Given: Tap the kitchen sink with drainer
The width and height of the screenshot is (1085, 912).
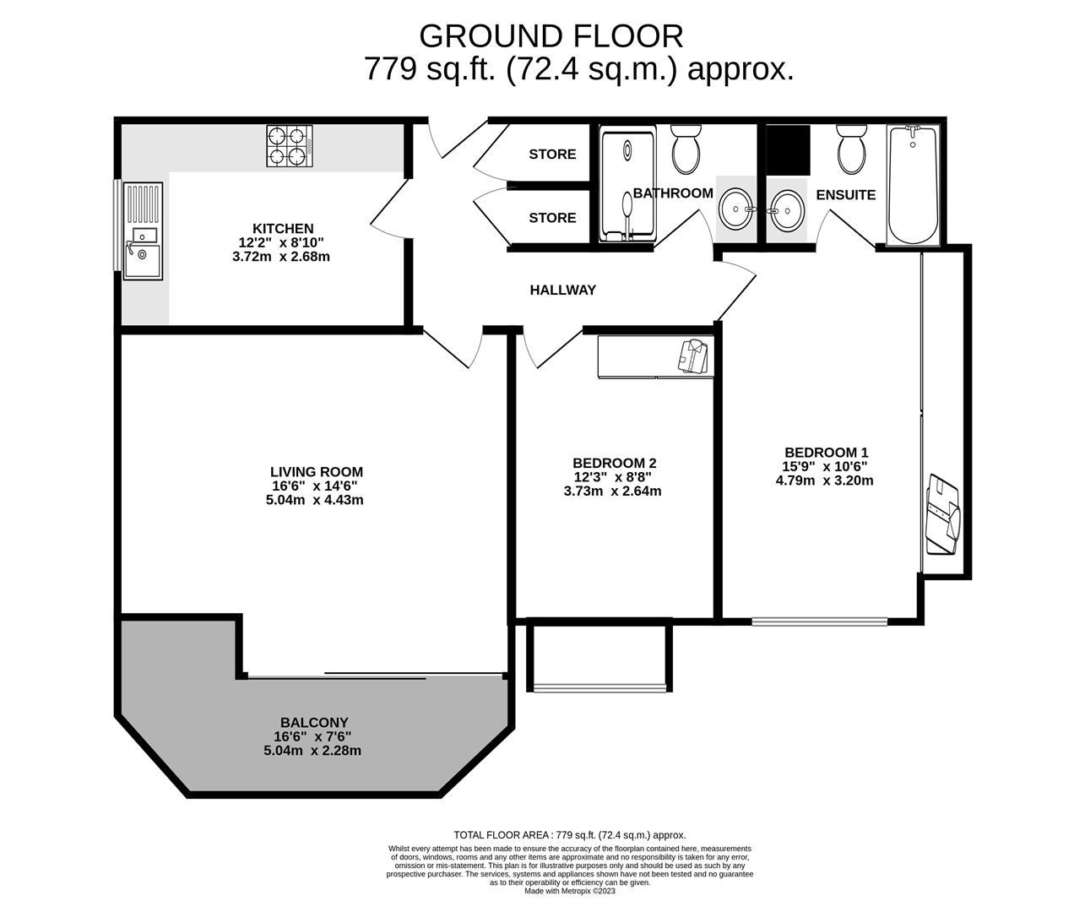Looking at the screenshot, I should [142, 230].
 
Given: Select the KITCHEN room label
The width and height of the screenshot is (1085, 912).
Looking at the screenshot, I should [283, 228].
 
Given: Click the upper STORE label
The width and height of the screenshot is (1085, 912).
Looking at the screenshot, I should [552, 154].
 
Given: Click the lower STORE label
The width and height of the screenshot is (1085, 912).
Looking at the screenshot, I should [552, 218].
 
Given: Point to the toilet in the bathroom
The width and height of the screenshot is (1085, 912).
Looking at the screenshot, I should [686, 149].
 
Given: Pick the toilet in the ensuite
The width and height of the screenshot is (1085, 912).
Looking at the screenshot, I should [850, 149].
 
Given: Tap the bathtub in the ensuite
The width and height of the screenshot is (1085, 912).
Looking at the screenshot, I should [912, 184].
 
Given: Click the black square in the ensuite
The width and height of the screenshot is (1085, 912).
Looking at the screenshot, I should [788, 149].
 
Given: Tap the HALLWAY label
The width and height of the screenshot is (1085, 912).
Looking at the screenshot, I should [562, 290].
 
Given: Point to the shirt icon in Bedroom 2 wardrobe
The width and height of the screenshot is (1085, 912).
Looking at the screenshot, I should [692, 355].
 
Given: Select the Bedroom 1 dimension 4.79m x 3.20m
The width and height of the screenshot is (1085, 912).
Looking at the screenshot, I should [824, 480].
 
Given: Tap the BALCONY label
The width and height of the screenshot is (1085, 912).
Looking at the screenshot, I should [314, 722].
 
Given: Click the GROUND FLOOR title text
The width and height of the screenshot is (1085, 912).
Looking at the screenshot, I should [551, 36].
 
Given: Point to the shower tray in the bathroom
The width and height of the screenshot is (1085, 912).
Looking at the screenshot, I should [627, 184].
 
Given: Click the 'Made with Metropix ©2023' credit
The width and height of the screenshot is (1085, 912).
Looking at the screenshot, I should [571, 891].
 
